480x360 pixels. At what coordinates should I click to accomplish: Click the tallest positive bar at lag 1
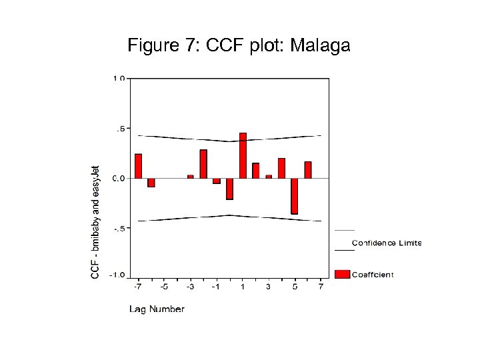coord(243,155)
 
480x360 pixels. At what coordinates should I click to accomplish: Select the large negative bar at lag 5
coord(294,196)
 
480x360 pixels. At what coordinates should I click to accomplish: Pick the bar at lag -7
coord(138,166)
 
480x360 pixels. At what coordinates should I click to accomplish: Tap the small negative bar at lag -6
coord(151,182)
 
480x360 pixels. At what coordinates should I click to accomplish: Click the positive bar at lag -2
coord(203,164)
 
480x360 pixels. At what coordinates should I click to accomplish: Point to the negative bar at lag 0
coord(229,189)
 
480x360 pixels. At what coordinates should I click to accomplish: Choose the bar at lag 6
coord(308,170)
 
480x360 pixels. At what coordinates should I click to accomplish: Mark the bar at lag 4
coord(281,168)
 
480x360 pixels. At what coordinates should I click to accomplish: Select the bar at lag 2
coord(255,171)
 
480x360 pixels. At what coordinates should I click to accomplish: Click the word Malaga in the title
coord(320,46)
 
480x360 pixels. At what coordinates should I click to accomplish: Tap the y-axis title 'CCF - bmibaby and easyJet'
coord(96,222)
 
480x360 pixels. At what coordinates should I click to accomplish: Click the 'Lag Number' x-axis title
coord(157,309)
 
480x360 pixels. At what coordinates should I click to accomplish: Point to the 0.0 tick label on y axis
coord(118,178)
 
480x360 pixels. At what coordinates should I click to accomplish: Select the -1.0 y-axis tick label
coord(117,275)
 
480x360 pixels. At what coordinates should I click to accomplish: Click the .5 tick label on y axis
coord(121,128)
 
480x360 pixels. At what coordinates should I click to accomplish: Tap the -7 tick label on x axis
coord(137,287)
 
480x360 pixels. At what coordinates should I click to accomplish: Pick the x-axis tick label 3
coord(269,287)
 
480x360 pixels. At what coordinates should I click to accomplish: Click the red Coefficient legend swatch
coord(342,274)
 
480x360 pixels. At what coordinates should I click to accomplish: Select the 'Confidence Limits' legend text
coord(387,243)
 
